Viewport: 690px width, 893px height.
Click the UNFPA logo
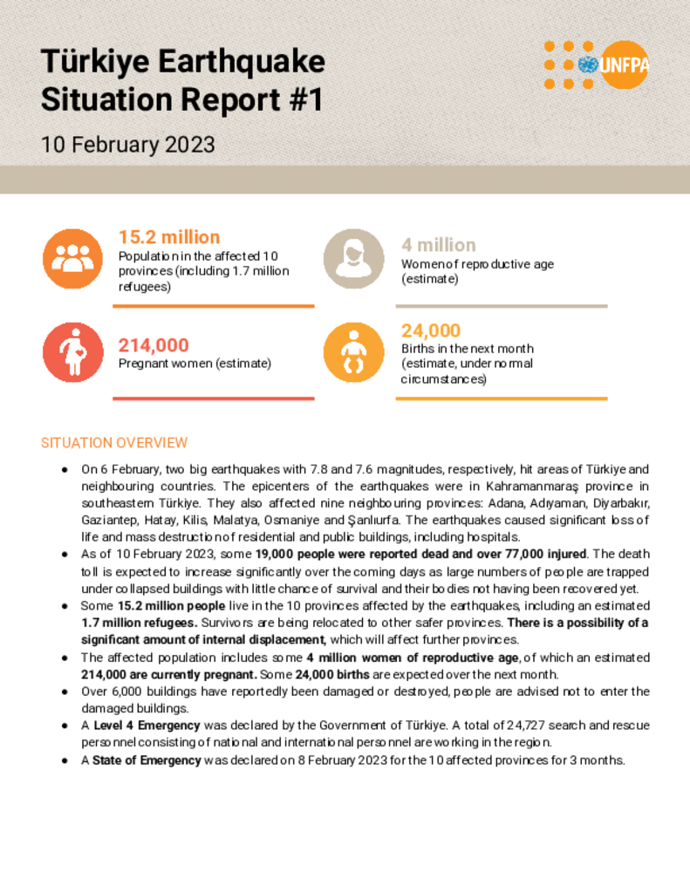tap(597, 65)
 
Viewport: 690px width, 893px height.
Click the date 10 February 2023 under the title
tap(127, 144)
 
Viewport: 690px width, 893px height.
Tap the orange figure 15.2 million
tap(169, 237)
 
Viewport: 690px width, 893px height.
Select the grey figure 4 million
tap(439, 245)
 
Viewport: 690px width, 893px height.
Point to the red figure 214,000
tap(154, 345)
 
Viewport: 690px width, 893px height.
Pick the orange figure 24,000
tap(431, 331)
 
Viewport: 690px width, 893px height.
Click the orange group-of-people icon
tap(72, 258)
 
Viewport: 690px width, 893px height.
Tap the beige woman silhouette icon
tap(353, 258)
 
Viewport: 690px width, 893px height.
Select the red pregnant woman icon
tap(72, 352)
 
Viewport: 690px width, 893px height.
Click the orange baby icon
tap(353, 352)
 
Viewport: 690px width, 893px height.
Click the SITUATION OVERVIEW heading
tap(114, 443)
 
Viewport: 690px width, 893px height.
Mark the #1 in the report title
tap(304, 100)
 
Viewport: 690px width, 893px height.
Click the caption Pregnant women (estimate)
tap(195, 364)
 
